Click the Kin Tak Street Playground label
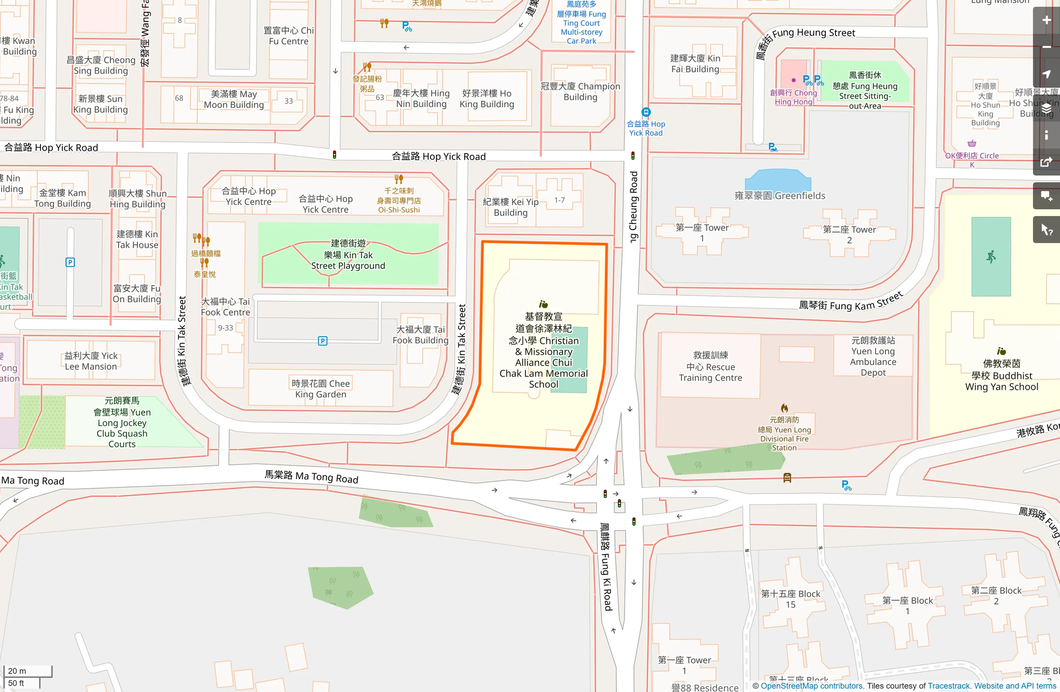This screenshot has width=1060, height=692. point(348,255)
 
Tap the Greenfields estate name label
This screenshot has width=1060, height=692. point(780,196)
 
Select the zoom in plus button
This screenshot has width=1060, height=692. point(1046,20)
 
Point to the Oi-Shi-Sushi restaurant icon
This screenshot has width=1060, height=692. point(398,179)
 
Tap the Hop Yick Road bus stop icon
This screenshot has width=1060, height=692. point(646,113)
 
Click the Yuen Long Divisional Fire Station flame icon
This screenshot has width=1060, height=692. point(784,408)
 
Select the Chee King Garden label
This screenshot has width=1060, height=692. point(321,389)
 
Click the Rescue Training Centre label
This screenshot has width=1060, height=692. point(711,366)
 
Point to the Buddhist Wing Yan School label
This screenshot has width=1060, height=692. point(1001,375)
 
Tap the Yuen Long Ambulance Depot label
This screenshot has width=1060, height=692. point(873,356)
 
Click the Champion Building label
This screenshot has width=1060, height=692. point(580,92)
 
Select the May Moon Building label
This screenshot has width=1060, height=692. point(233,99)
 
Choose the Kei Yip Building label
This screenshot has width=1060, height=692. point(510,207)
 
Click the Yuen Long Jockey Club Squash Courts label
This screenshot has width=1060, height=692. point(122,423)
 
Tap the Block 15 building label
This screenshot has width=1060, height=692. point(790,599)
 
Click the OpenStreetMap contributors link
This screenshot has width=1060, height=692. point(812,686)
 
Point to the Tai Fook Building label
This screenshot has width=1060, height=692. point(420,335)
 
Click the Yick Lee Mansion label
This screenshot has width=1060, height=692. point(91,361)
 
